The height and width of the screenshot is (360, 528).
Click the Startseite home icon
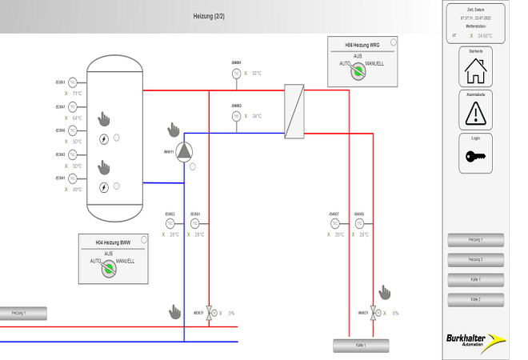tap(476, 71)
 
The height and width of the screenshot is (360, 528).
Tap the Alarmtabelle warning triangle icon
tap(476, 113)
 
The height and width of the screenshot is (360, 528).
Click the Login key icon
tap(476, 156)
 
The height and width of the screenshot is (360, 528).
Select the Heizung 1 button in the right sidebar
tap(476, 240)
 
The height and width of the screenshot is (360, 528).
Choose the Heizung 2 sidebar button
tap(476, 259)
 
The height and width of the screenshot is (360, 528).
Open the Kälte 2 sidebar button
tap(476, 298)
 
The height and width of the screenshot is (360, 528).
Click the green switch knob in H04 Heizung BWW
tap(108, 269)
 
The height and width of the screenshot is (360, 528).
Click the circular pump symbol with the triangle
tap(184, 151)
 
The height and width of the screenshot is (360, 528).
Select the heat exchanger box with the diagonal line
tap(294, 112)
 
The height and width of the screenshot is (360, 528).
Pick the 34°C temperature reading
tap(257, 116)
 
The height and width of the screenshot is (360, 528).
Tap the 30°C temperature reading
tap(257, 74)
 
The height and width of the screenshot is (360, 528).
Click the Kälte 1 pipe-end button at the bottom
tap(361, 346)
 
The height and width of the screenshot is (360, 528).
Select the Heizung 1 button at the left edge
tap(22, 314)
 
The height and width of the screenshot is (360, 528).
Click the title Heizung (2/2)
tap(209, 16)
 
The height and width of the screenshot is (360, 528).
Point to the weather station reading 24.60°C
tap(485, 36)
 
